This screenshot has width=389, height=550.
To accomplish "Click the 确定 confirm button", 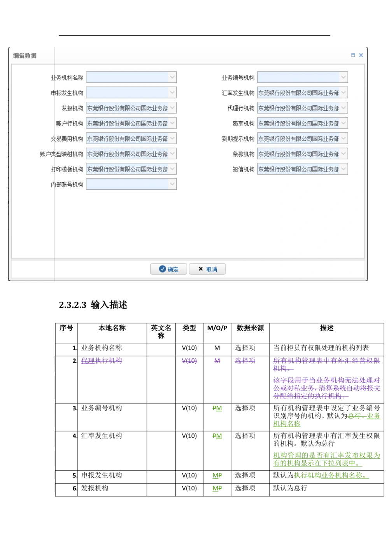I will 168,269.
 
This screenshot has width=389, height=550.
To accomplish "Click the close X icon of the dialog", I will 361,55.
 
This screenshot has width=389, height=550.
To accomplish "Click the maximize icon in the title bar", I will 353,55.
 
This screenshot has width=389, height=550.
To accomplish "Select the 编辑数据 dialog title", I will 25,56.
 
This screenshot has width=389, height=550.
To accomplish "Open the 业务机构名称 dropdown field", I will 127,77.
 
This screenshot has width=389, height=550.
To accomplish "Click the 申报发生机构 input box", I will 127,93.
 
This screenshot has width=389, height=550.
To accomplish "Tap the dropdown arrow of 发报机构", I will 172,108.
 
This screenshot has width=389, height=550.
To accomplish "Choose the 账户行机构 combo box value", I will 127,123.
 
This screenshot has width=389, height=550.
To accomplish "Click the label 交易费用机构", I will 67,139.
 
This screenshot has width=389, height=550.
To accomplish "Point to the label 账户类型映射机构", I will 61,154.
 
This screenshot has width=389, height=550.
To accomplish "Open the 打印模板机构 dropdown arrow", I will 172,169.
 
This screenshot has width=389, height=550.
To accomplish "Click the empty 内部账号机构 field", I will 127,184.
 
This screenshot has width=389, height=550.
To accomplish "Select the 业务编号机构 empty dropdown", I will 298,77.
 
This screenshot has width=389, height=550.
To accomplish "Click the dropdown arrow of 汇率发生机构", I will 343,93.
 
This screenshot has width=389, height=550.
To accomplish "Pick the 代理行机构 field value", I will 298,108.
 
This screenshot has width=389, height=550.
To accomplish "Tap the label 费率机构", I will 244,124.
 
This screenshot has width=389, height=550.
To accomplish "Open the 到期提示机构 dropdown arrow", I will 343,138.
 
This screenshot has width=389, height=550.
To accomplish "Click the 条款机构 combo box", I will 298,154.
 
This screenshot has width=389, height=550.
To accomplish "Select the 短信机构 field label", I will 244,169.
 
